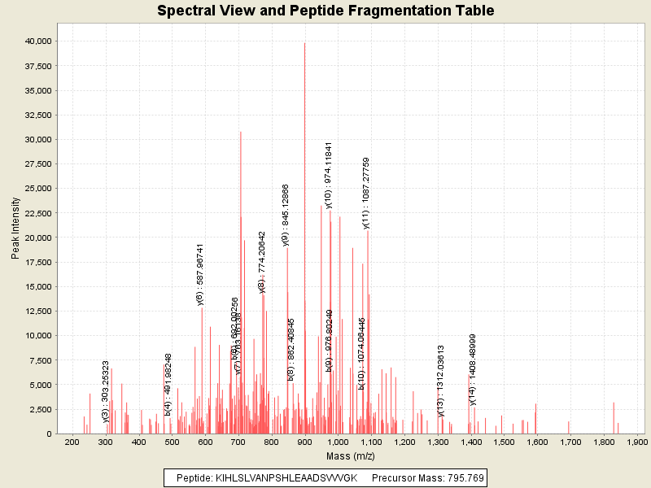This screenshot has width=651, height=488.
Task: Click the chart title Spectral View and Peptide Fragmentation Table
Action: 325,11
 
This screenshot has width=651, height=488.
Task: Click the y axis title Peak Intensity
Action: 15,231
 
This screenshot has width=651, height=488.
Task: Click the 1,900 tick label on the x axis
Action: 636,442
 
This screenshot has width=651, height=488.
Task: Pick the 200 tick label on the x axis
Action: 72,442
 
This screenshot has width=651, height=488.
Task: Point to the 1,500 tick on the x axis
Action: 504,442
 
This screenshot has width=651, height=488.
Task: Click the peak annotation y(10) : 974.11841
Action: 329,175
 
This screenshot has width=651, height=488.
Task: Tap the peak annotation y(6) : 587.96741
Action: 200,274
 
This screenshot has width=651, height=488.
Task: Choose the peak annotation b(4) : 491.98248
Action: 168,385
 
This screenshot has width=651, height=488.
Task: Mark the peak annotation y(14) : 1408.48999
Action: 472,369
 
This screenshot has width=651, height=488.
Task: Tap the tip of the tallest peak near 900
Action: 304,43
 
